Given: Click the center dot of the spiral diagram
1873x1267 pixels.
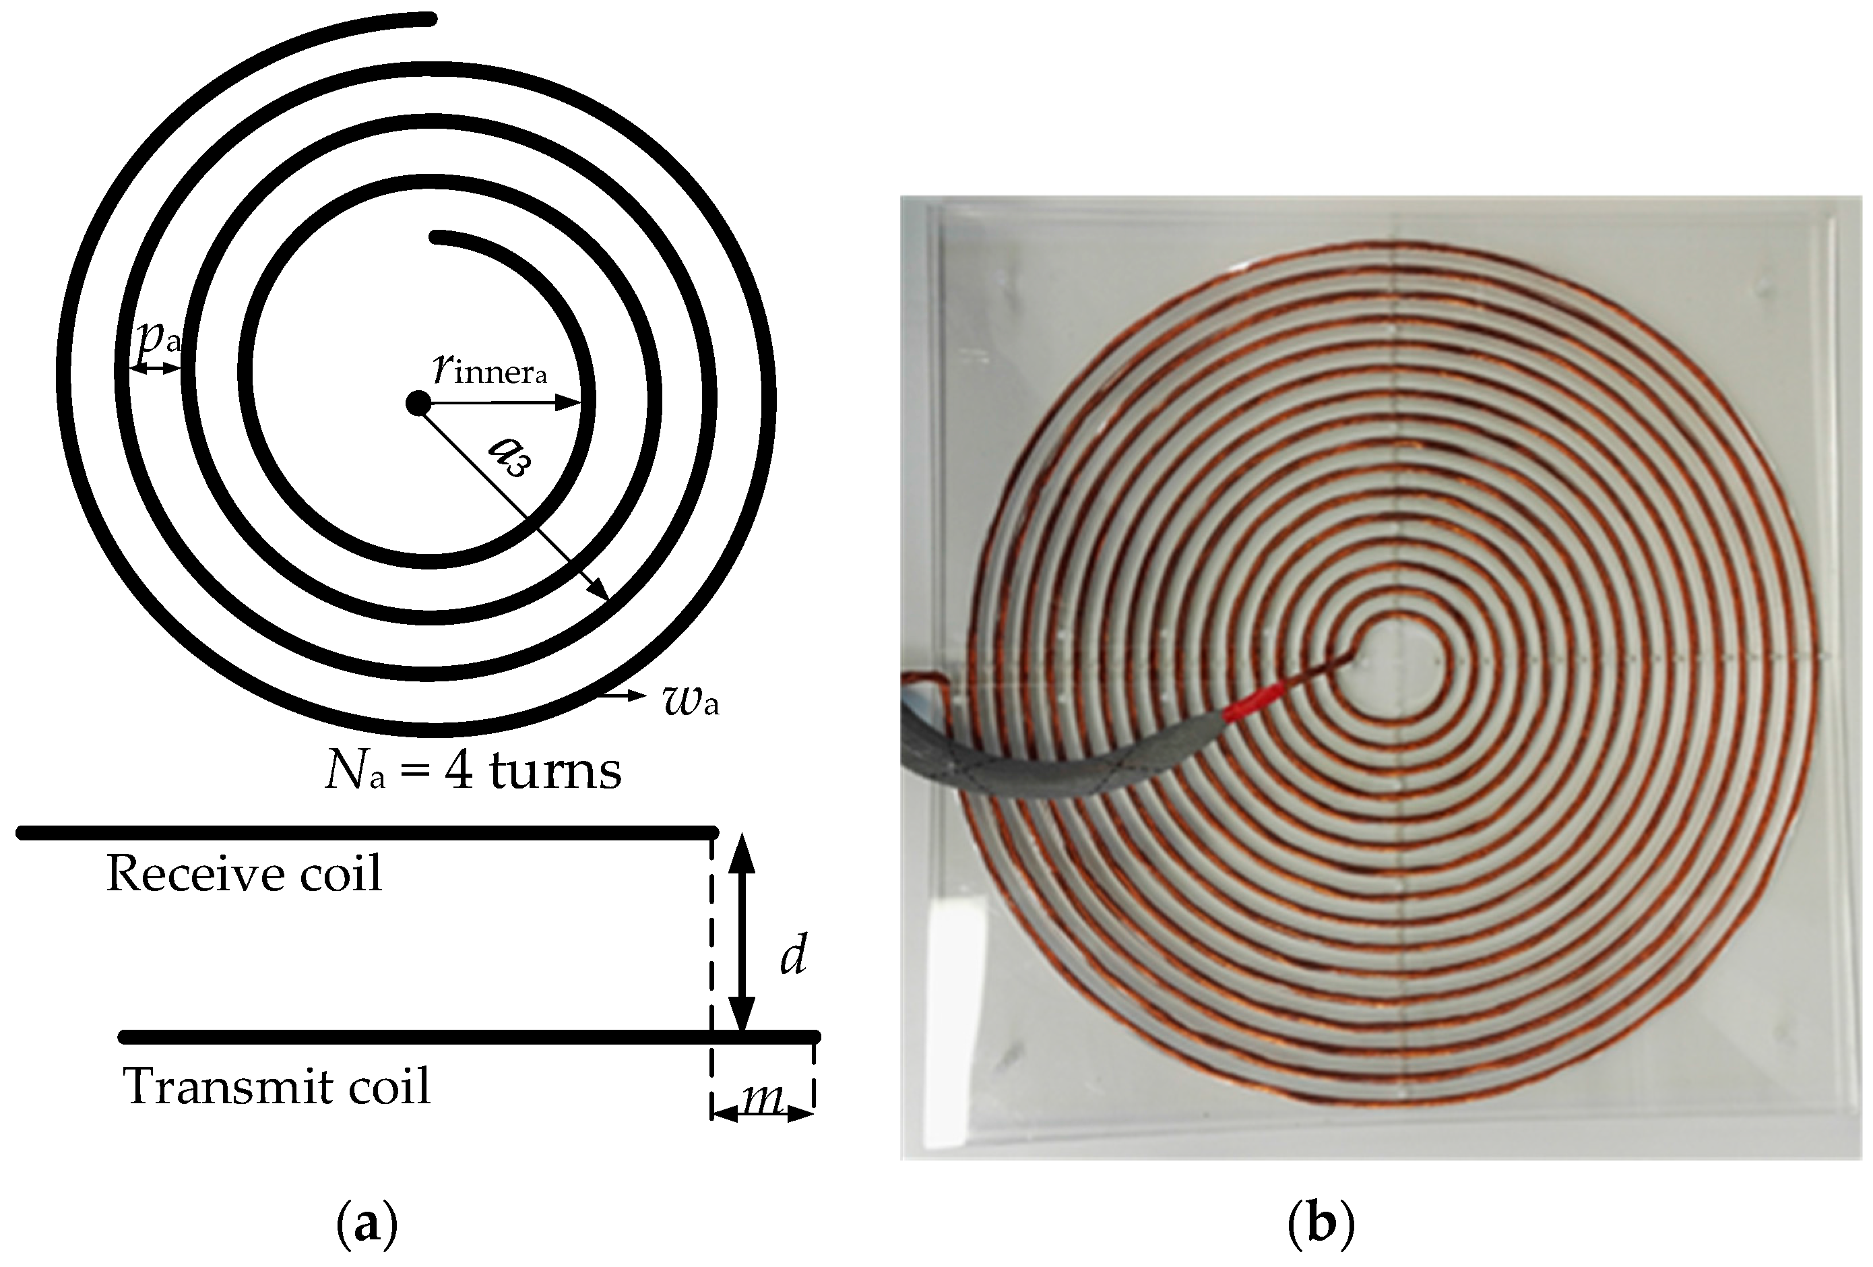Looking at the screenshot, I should point(418,402).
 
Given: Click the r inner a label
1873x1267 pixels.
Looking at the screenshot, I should point(489,369).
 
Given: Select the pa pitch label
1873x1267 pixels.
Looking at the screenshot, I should point(158,338).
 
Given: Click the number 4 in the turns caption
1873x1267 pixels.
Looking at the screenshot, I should point(459,770).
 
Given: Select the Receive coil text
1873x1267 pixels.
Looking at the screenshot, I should point(243,873).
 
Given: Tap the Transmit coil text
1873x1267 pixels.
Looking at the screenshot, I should point(276,1086).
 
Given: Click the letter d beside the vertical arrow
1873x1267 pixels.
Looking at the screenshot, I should point(793,957).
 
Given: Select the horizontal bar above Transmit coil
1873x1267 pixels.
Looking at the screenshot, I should point(468,1037).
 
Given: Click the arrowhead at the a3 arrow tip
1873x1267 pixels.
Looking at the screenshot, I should point(600,592).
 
